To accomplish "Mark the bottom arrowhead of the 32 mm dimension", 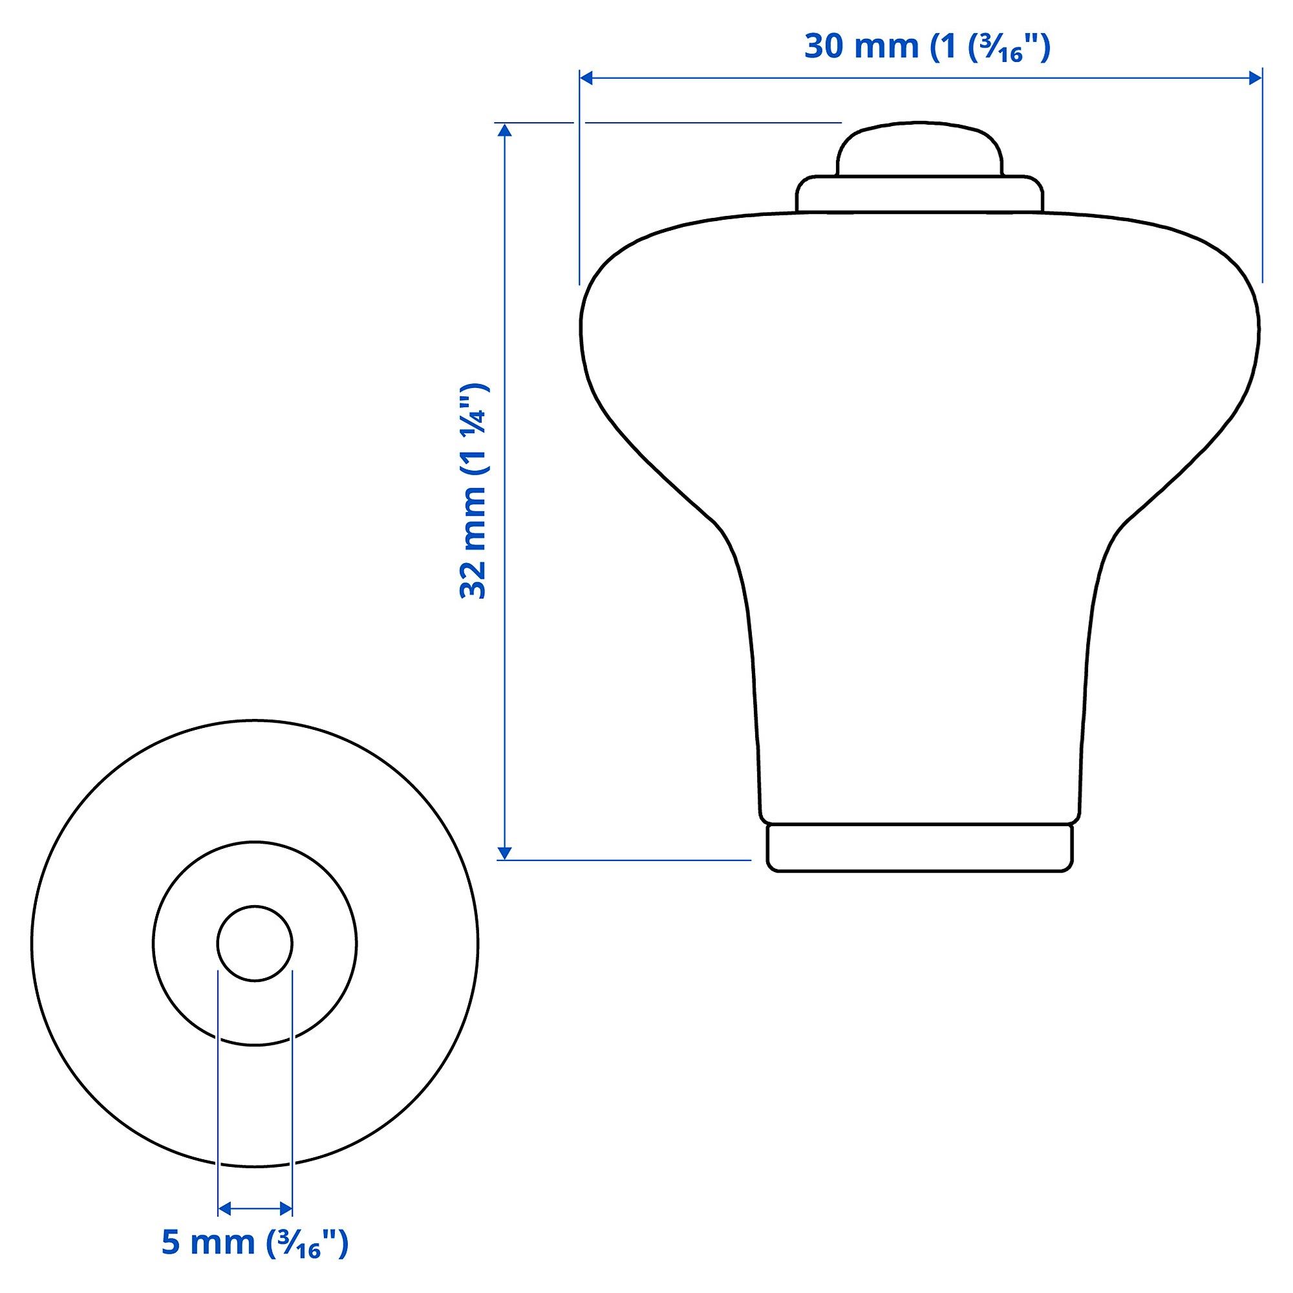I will coord(506,853).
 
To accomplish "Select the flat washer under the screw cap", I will coord(919,195).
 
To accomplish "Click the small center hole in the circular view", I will coord(255,944).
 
